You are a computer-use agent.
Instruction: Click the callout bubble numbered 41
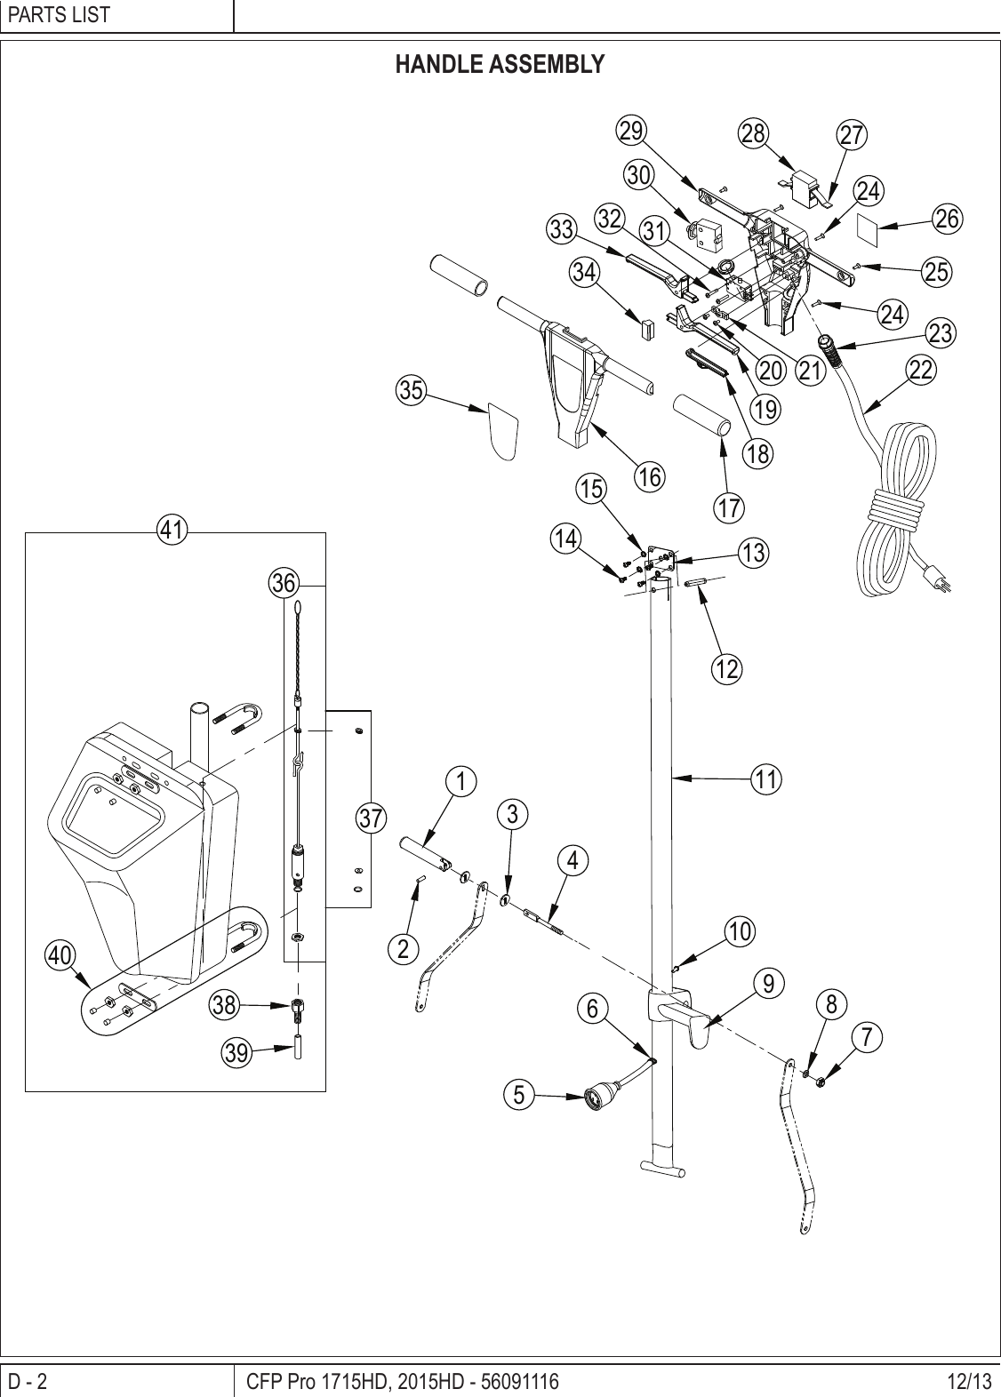pos(172,531)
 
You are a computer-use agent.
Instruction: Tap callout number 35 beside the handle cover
pos(412,390)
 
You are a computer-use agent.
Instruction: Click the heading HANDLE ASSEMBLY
pos(500,65)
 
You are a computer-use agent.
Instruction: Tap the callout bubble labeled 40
pos(60,955)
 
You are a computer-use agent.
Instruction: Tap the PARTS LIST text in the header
pos(59,15)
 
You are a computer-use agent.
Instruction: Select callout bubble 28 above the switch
pos(753,133)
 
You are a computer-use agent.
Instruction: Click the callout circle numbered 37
pos(372,817)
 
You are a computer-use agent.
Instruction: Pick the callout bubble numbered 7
pos(867,1036)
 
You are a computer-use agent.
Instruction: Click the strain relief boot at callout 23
pos(833,349)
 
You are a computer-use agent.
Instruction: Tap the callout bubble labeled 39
pos(236,1053)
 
